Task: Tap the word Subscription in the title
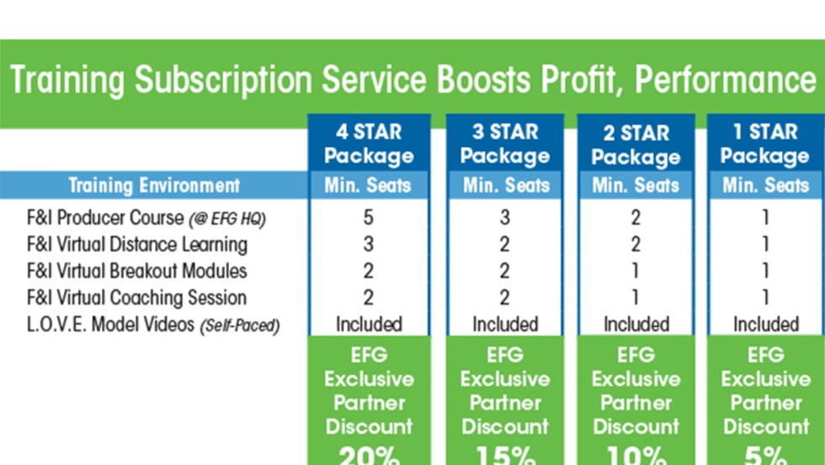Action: click(223, 81)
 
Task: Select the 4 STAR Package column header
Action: click(369, 144)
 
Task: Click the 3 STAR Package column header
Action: click(505, 144)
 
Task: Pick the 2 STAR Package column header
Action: click(636, 145)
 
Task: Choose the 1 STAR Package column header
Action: click(765, 144)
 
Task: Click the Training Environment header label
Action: click(154, 185)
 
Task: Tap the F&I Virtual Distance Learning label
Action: click(137, 244)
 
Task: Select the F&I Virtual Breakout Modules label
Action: click(136, 270)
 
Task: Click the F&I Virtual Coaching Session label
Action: click(136, 297)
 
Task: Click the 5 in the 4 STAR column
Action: click(369, 217)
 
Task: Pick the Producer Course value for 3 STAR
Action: click(505, 217)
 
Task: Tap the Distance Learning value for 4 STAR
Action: click(369, 244)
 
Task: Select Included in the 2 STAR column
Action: click(636, 324)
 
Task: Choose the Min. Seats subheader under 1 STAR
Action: click(765, 185)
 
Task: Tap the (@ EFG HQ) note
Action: click(227, 219)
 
